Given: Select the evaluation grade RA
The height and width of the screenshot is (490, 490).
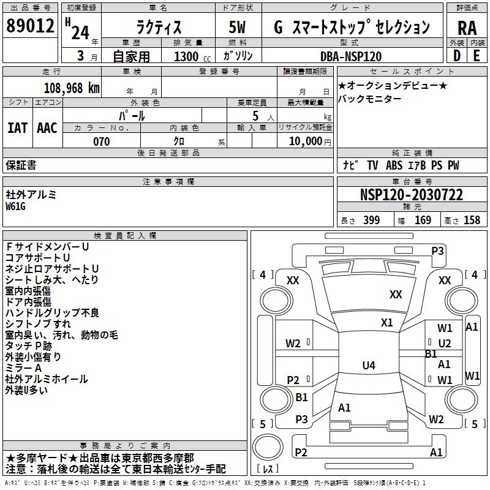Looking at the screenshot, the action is (x=467, y=28).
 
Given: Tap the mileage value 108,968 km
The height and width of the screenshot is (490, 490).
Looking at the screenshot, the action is (x=72, y=88).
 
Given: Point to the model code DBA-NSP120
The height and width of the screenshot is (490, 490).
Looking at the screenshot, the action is (x=351, y=56).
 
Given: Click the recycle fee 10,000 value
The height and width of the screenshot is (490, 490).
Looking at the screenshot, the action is (x=305, y=141).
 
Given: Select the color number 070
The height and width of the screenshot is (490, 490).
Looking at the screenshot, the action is (x=101, y=141).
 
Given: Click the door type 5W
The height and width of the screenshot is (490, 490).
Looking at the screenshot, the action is (x=239, y=27).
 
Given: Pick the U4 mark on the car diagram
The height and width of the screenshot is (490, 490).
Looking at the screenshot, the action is (x=369, y=366).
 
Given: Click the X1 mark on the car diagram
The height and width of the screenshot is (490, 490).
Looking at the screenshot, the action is (x=386, y=322).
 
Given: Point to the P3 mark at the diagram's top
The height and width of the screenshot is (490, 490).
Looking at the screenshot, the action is (x=437, y=251).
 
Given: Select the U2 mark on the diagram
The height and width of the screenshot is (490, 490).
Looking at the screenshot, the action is (x=445, y=344).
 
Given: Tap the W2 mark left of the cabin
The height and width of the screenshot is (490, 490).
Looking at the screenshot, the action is (x=293, y=343).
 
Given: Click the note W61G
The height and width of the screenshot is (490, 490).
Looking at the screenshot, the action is (x=16, y=206).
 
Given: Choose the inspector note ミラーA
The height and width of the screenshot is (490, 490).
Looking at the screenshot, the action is (x=24, y=368).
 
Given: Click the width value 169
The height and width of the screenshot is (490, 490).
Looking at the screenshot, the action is (x=423, y=221).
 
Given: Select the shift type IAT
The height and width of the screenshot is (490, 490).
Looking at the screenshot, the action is (x=17, y=128).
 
